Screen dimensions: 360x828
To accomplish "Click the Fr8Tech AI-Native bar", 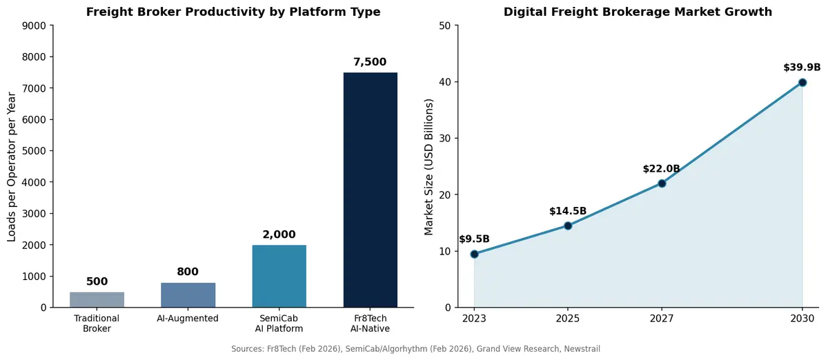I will point(370,190).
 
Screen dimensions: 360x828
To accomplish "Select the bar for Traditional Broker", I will point(97,300).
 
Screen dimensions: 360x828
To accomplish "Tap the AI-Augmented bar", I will point(188,295).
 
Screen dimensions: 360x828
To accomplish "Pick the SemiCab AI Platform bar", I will point(279,276).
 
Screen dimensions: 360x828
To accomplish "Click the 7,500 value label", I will point(370,62).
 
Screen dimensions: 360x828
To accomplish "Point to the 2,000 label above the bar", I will point(279,234).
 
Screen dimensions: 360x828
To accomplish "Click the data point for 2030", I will point(802,83).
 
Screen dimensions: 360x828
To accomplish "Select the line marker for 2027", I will point(662,183).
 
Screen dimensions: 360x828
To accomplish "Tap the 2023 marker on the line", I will point(474,254).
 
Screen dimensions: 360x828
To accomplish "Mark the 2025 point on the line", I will point(568,226).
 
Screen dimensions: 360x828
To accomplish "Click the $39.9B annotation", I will point(802,68).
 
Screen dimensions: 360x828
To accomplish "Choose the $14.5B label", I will point(568,211).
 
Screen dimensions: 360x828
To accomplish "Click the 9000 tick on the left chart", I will point(35,26).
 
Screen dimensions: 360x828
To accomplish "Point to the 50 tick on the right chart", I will point(445,26).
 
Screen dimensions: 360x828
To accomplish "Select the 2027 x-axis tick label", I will point(662,319).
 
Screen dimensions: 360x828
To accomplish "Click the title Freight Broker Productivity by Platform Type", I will point(233,12).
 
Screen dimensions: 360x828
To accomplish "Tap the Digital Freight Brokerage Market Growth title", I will point(638,12).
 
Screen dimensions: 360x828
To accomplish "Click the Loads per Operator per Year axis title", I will point(12,166).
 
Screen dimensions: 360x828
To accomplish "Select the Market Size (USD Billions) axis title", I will point(429,166).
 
